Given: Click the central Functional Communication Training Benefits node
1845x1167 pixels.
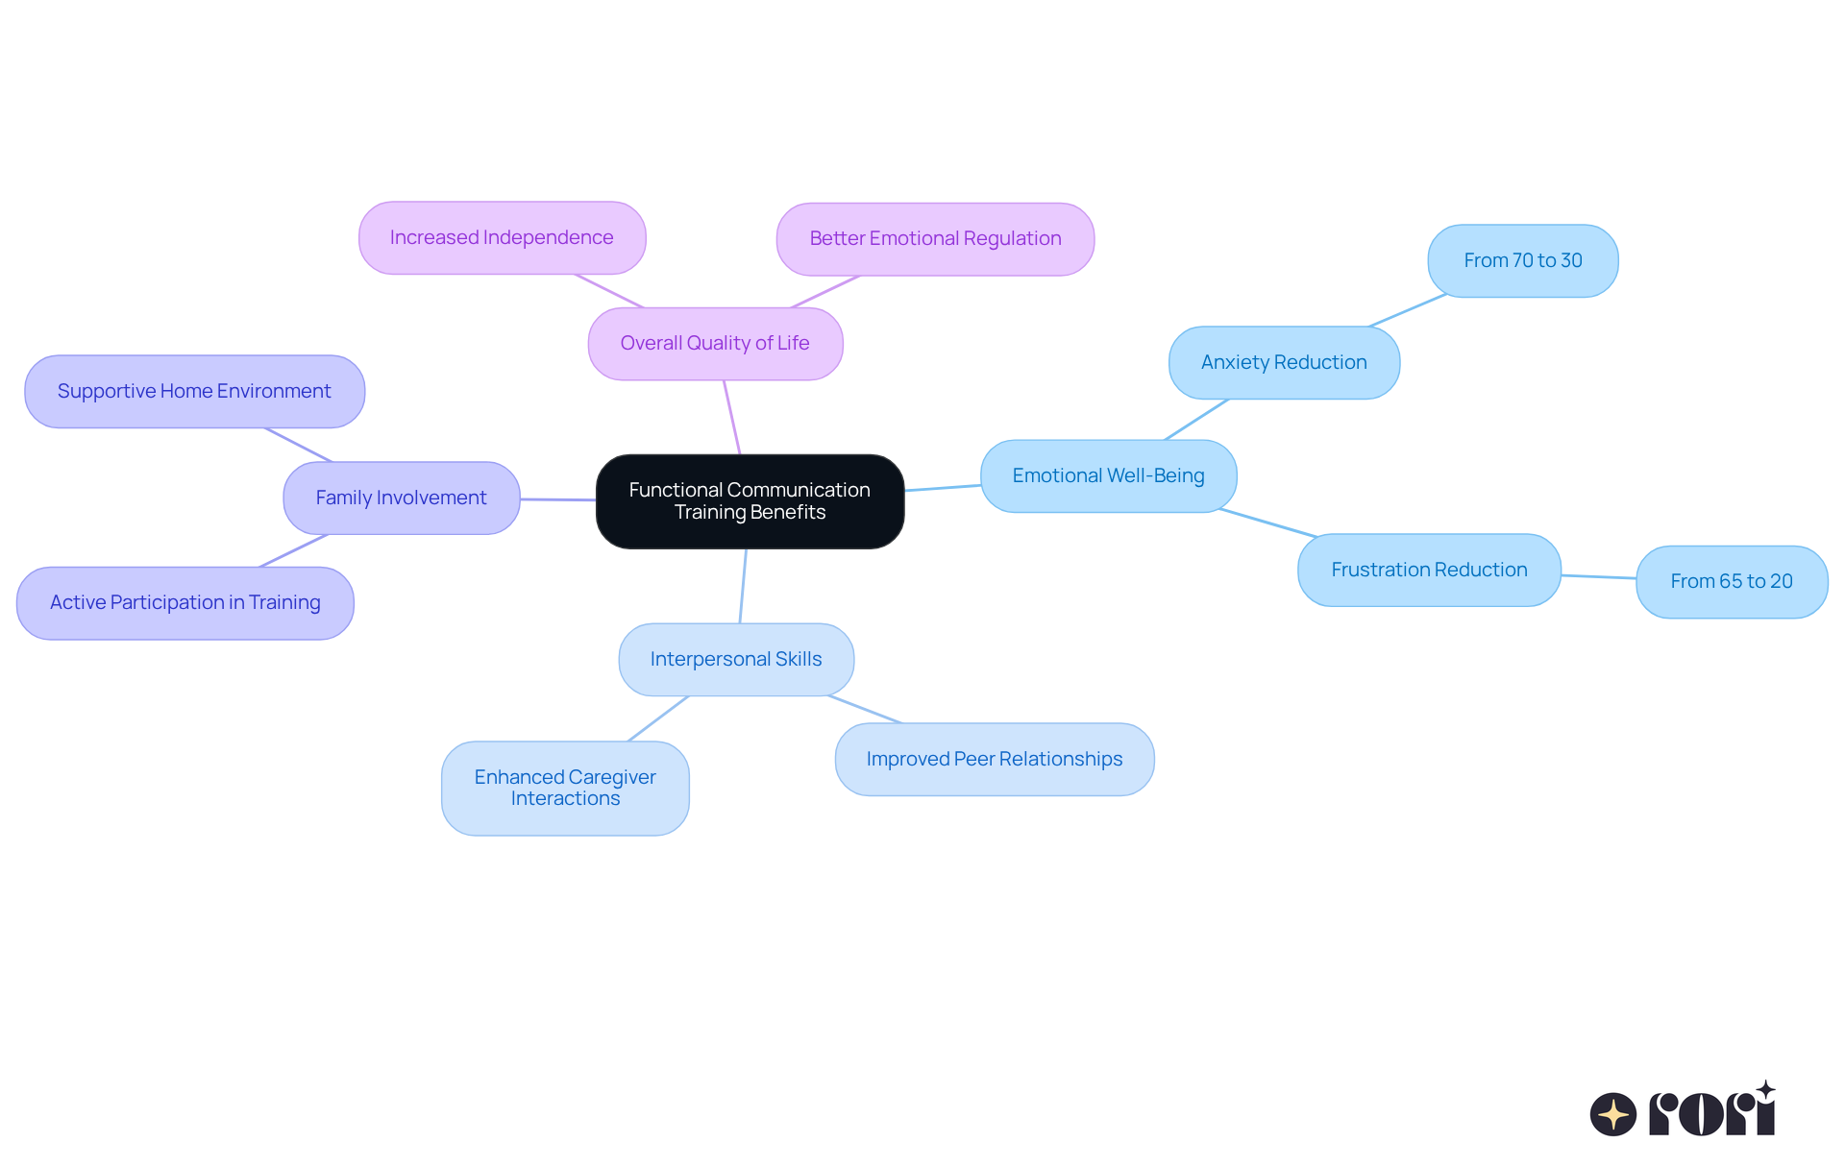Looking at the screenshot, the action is coord(750,501).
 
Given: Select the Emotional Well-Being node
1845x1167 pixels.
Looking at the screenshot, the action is coord(1108,476).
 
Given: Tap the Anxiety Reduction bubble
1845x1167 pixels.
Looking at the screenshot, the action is coord(1284,363).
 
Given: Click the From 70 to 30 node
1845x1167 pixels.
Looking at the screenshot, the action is coord(1522,261).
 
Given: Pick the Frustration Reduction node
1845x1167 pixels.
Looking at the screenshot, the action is coord(1429,571).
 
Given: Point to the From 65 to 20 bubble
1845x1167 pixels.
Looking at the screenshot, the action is coord(1731,582).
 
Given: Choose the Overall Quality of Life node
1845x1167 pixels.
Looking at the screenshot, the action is coord(715,344).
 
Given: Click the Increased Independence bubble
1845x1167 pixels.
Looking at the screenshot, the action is coord(502,238).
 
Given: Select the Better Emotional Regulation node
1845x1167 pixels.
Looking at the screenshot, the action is coord(935,239).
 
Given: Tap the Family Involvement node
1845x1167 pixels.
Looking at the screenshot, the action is coord(401,498).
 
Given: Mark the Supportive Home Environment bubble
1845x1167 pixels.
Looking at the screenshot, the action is coord(194,392).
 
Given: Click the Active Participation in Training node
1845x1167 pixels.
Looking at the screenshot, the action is coord(184,603).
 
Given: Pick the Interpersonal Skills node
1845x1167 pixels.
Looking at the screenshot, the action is coord(736,660).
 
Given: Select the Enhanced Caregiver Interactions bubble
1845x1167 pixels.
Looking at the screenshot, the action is coord(565,789).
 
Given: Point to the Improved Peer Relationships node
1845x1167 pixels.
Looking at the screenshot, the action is coord(995,760).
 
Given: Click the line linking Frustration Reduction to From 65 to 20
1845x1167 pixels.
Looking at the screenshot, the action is coord(1598,577).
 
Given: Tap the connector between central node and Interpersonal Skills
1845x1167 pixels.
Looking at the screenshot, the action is coord(743,586).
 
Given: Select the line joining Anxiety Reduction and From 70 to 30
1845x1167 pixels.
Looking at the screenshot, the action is coord(1408,311).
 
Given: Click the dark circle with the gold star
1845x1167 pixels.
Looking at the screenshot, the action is coord(1612,1114).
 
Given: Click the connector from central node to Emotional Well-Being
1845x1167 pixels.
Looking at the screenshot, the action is coord(942,488).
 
